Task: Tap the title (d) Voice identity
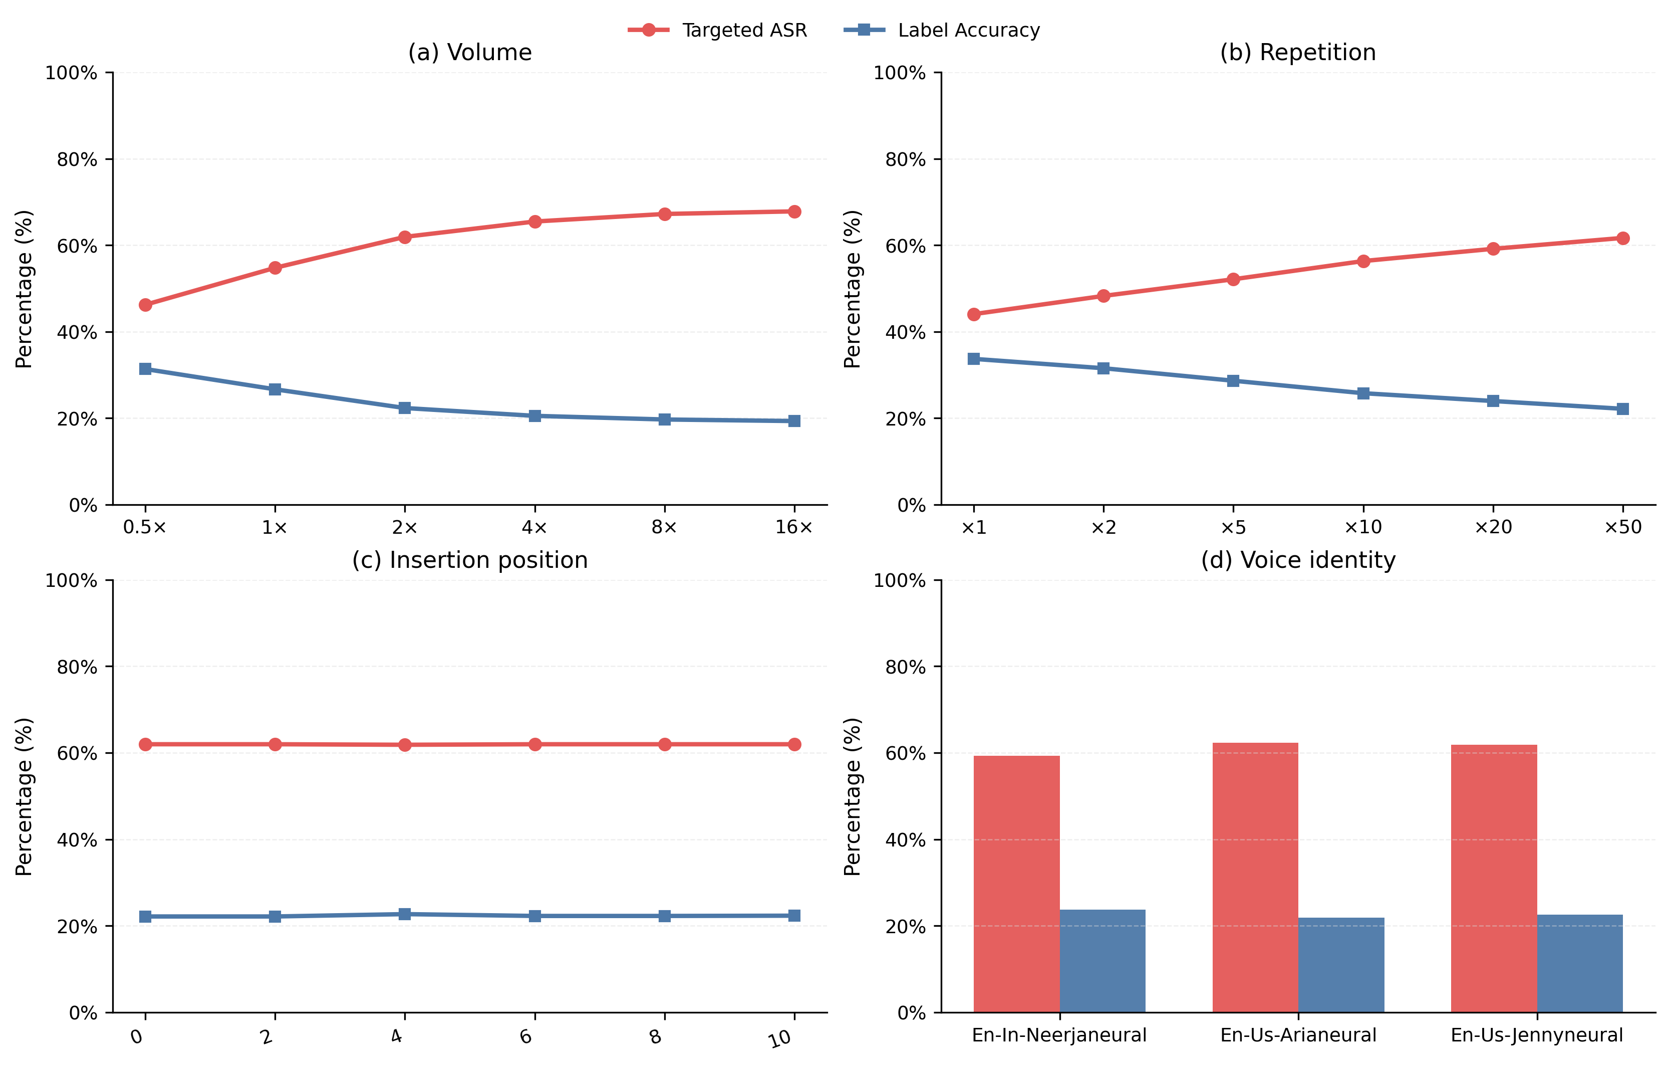pyautogui.click(x=1297, y=560)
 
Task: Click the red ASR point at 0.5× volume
pyautogui.click(x=145, y=305)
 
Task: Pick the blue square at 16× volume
pyautogui.click(x=794, y=420)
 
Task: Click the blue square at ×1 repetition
pyautogui.click(x=974, y=359)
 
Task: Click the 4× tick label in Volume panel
pyautogui.click(x=534, y=528)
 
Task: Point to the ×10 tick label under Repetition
pyautogui.click(x=1363, y=528)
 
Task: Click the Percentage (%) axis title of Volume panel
pyautogui.click(x=24, y=289)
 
